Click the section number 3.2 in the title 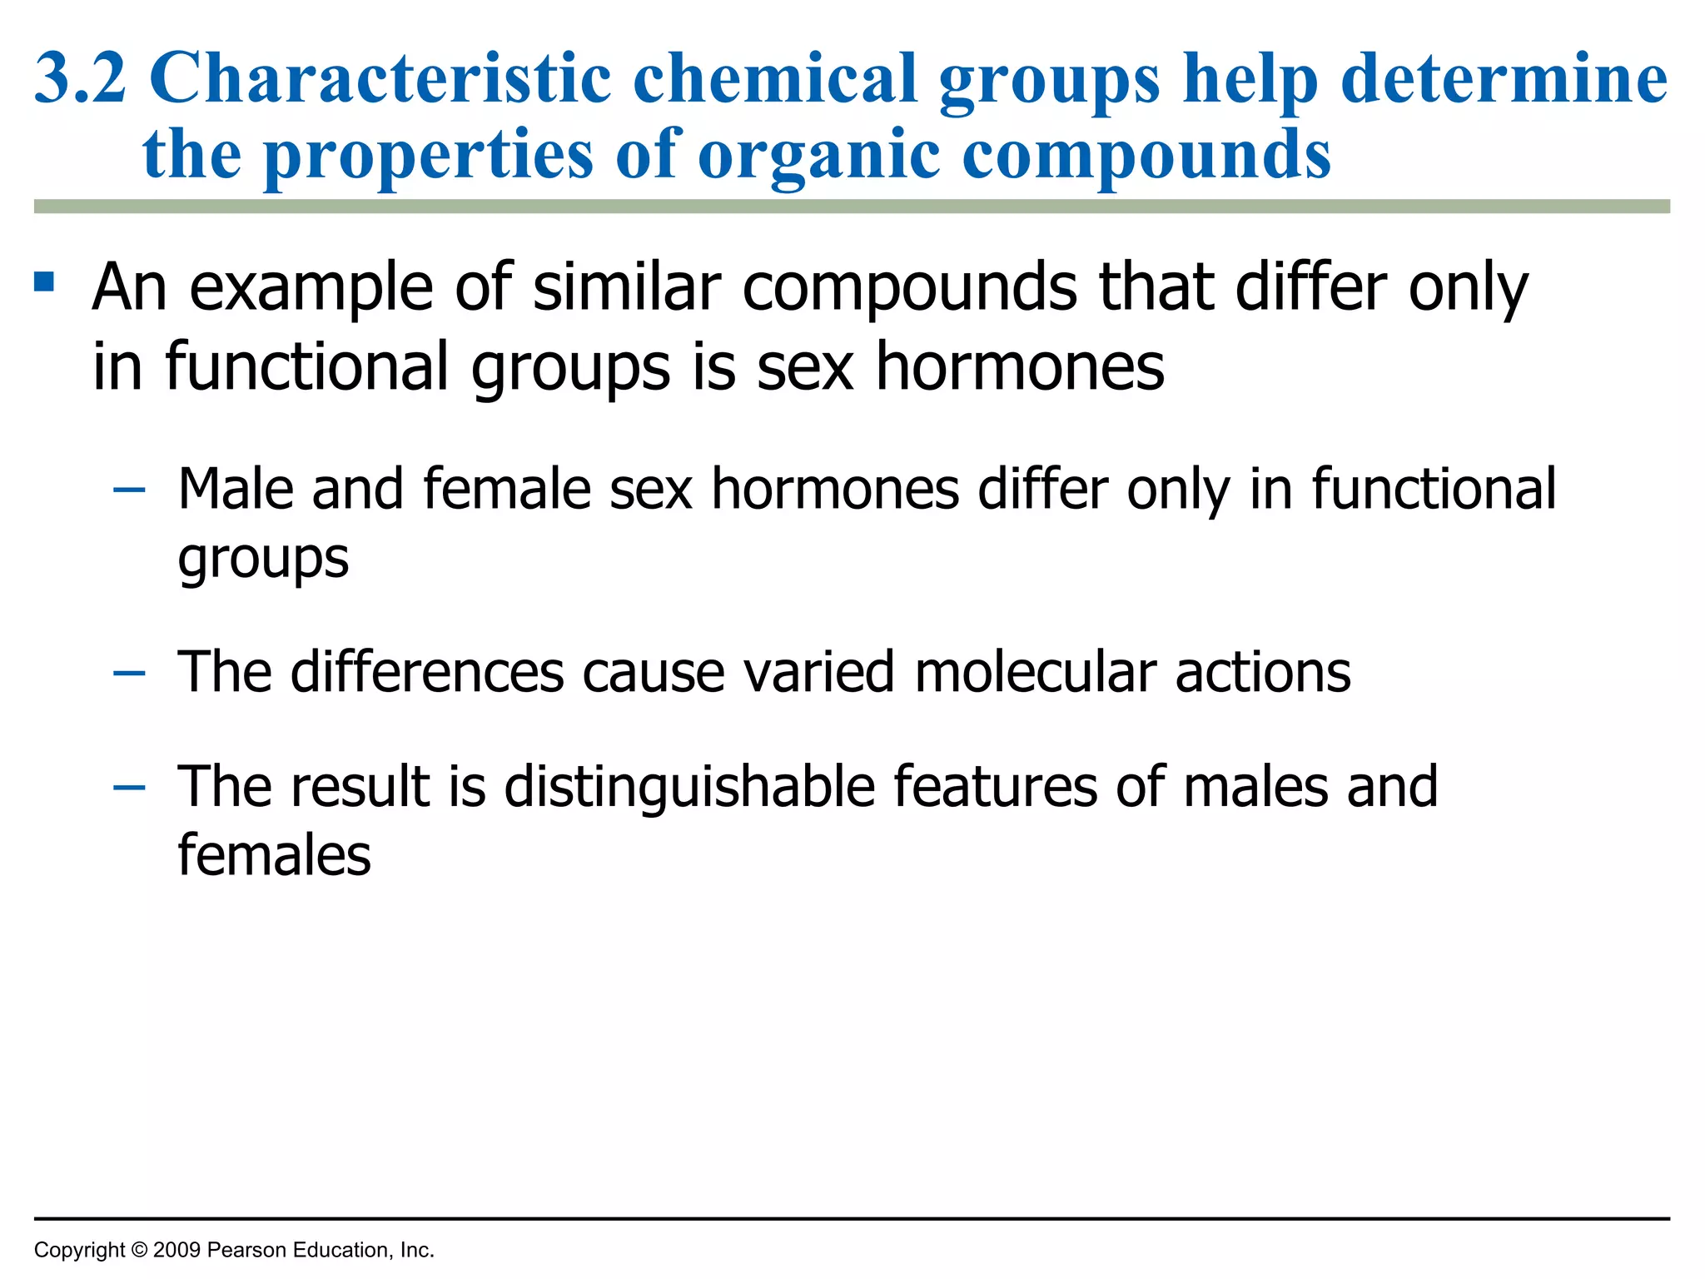point(81,78)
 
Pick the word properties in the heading point(428,157)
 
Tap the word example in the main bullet point(311,288)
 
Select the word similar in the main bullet point(627,286)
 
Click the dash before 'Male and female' point(129,490)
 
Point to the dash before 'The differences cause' point(129,673)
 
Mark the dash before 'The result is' point(129,788)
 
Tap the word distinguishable point(689,788)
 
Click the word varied point(819,671)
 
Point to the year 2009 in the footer point(176,1250)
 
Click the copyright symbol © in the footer point(139,1250)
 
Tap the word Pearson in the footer point(246,1250)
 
